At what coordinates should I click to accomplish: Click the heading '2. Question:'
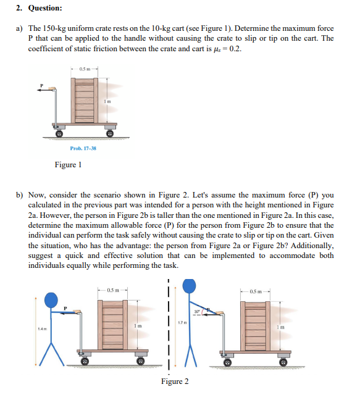click(39, 8)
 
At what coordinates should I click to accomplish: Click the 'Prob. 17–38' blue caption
click(83, 149)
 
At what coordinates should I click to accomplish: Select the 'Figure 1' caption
click(68, 165)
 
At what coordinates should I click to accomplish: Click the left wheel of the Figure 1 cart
click(61, 133)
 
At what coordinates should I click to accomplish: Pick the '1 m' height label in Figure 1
click(107, 101)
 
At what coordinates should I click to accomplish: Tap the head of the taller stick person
click(190, 285)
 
